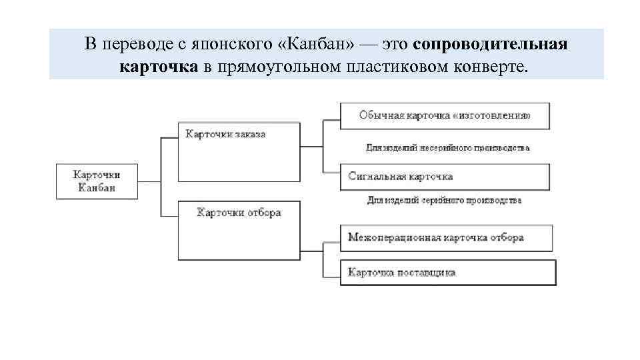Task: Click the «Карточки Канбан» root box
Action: coord(97,181)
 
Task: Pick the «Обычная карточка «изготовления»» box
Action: coord(445,116)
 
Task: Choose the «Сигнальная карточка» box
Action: coord(445,177)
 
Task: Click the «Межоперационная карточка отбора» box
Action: coord(446,237)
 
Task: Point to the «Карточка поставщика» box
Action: coord(447,273)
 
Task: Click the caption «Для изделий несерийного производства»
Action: coord(447,147)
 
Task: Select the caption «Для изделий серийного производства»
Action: coord(444,200)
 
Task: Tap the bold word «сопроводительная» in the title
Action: coord(490,45)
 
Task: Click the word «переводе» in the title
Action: coord(132,45)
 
